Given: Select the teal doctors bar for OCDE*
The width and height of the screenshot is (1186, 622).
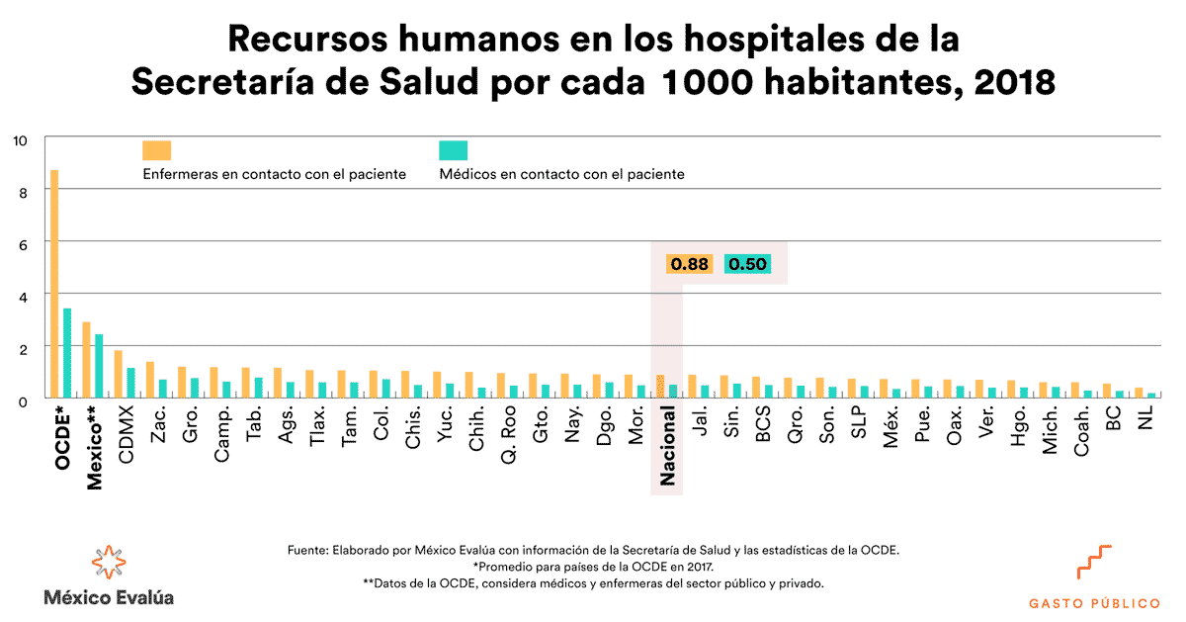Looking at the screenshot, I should pyautogui.click(x=67, y=354).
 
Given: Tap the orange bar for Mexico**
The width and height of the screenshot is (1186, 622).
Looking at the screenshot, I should pyautogui.click(x=86, y=360).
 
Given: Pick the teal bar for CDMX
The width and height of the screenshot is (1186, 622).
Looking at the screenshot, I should pyautogui.click(x=130, y=384).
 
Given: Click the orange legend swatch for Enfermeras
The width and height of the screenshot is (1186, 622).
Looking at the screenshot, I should pyautogui.click(x=156, y=150).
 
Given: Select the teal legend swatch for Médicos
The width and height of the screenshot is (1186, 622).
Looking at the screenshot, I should pyautogui.click(x=453, y=150).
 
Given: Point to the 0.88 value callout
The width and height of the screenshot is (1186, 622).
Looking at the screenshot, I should pyautogui.click(x=689, y=264).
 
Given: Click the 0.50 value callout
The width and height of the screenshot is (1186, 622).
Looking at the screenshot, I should pyautogui.click(x=747, y=264).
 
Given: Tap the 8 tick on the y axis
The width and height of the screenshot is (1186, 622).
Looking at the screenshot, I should pyautogui.click(x=21, y=190).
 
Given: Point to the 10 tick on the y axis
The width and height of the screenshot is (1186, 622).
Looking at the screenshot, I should pyautogui.click(x=21, y=139).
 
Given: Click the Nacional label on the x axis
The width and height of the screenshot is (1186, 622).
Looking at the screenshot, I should pyautogui.click(x=667, y=446).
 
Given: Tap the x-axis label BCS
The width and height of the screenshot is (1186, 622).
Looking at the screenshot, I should pyautogui.click(x=763, y=425).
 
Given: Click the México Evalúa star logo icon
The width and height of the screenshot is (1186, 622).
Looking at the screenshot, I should pyautogui.click(x=109, y=562).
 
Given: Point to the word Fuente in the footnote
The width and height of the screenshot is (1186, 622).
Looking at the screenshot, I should pyautogui.click(x=307, y=550).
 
